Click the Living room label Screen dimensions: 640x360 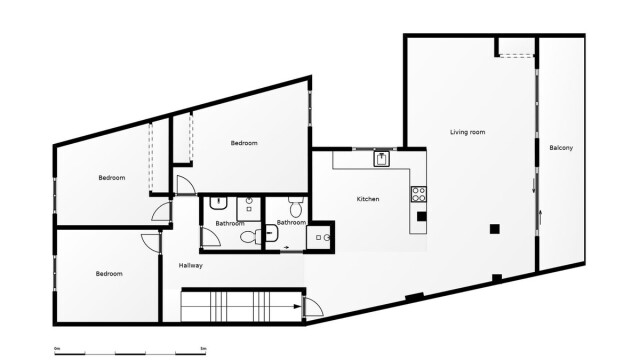(467, 132)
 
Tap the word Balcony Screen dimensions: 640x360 (561, 148)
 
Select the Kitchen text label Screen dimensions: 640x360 (368, 199)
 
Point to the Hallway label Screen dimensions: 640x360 (191, 265)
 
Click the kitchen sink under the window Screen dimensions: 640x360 (382, 158)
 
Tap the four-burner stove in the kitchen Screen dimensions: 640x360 (418, 194)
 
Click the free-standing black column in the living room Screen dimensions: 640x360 (495, 229)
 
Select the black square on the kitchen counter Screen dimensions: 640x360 (421, 216)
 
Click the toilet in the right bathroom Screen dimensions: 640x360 (296, 207)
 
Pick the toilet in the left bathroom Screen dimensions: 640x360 (251, 236)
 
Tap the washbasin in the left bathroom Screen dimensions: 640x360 (219, 203)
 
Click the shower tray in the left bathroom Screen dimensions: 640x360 (249, 209)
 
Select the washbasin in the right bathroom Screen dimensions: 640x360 (271, 233)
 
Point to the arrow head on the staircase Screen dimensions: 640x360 (298, 306)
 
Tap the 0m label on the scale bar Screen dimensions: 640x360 (57, 348)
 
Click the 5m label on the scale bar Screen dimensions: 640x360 (203, 348)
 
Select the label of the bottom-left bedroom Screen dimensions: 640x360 (109, 273)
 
